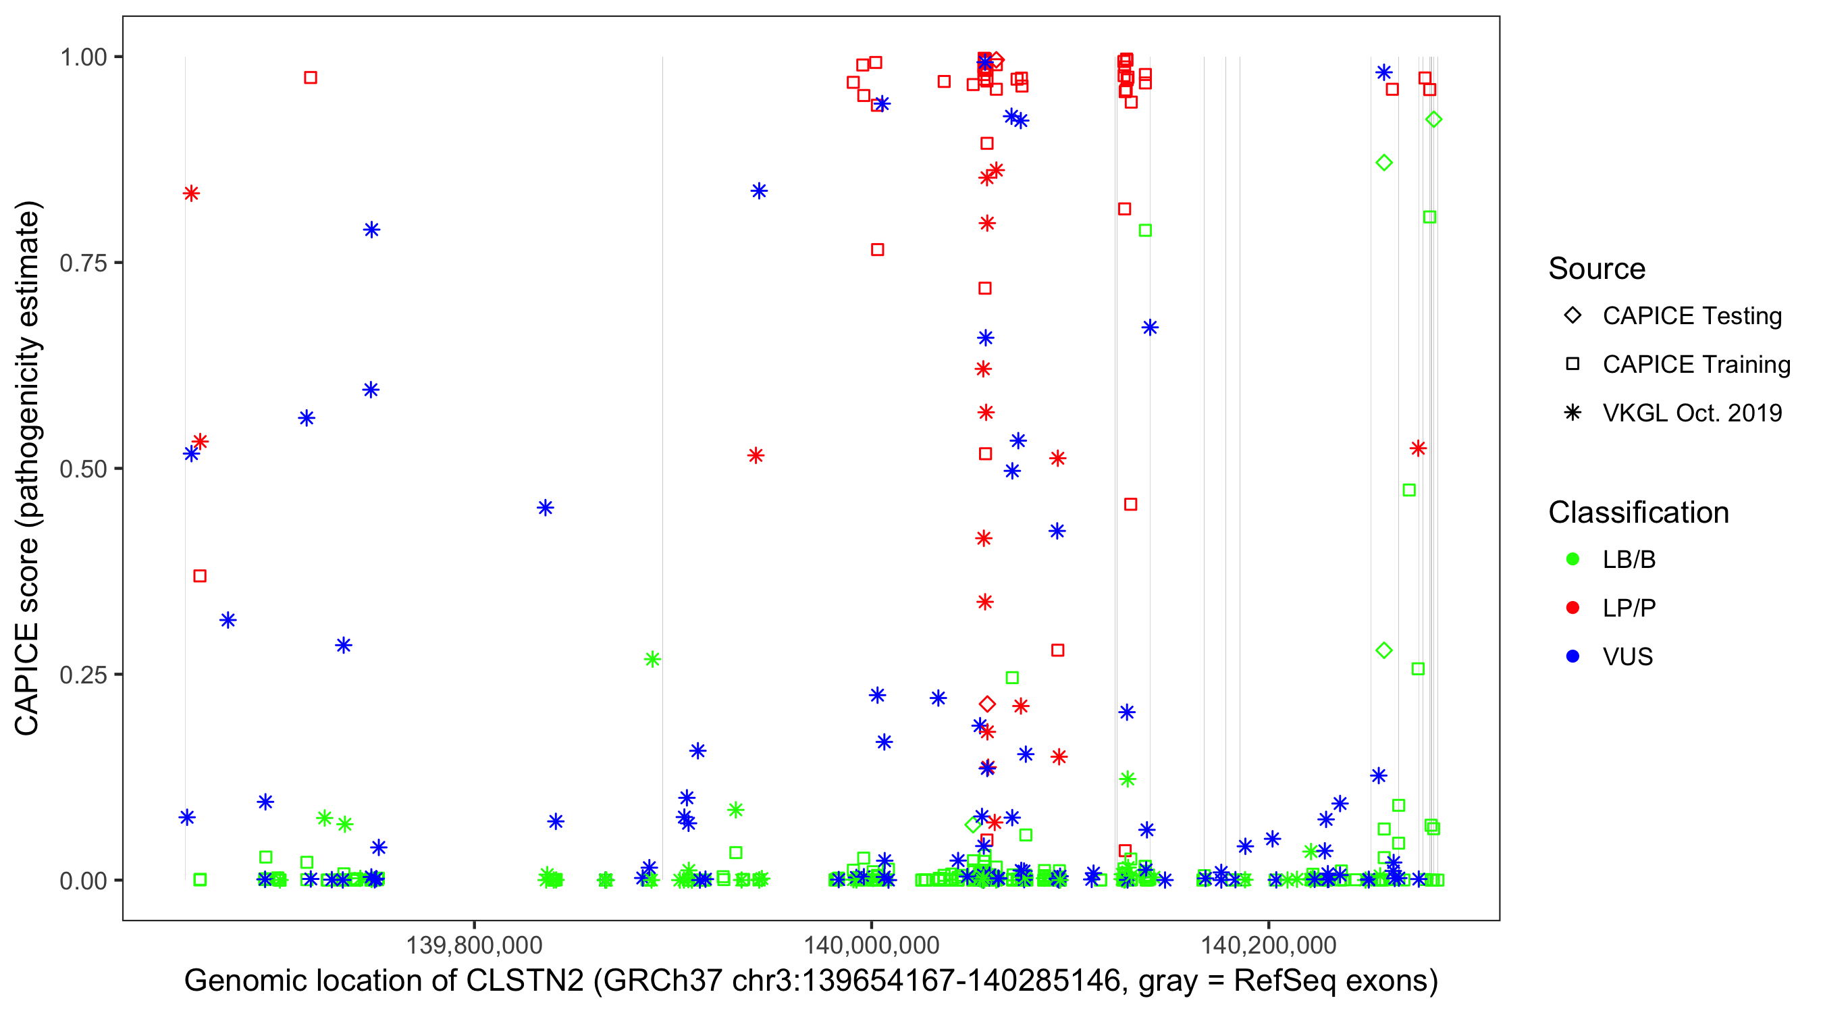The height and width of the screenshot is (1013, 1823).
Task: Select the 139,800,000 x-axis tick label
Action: pyautogui.click(x=473, y=944)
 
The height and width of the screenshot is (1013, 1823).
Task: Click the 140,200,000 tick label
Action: pyautogui.click(x=1268, y=944)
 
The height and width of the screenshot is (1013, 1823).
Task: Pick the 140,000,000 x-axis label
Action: pyautogui.click(x=871, y=944)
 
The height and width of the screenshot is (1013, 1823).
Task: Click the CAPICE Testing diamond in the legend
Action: pyautogui.click(x=1573, y=316)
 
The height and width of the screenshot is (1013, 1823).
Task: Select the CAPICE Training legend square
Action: pyautogui.click(x=1573, y=365)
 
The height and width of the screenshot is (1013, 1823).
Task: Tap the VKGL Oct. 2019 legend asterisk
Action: pyautogui.click(x=1573, y=413)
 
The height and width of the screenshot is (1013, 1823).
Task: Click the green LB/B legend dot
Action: pyautogui.click(x=1573, y=560)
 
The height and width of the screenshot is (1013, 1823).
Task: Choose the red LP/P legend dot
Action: pyautogui.click(x=1573, y=608)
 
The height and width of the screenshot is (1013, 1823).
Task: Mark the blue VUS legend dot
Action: pyautogui.click(x=1573, y=657)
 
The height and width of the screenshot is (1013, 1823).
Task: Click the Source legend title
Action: pyautogui.click(x=1597, y=269)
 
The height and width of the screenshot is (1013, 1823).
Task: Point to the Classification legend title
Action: pyautogui.click(x=1638, y=513)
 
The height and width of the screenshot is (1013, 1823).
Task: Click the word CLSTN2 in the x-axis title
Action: pyautogui.click(x=525, y=981)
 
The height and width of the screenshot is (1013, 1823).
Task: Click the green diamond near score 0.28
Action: pyautogui.click(x=1383, y=650)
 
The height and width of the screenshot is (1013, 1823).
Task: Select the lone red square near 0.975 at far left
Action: pyautogui.click(x=310, y=78)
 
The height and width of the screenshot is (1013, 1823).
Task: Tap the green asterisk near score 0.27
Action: pyautogui.click(x=652, y=660)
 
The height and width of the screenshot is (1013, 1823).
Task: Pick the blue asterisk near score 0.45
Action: pyautogui.click(x=545, y=508)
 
